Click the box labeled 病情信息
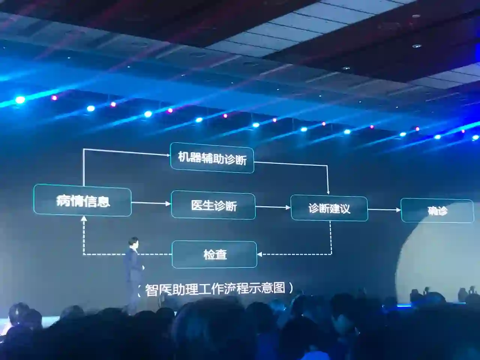pyautogui.click(x=82, y=202)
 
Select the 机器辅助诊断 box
pyautogui.click(x=212, y=158)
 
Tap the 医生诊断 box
pyautogui.click(x=213, y=205)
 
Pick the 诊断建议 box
pyautogui.click(x=329, y=208)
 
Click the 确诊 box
pyautogui.click(x=437, y=211)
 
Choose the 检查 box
pyautogui.click(x=214, y=255)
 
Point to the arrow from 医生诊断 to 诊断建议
pyautogui.click(x=273, y=207)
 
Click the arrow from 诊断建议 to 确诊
pyautogui.click(x=384, y=210)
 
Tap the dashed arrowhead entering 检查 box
pyautogui.click(x=259, y=254)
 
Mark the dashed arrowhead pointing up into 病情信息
pyautogui.click(x=84, y=219)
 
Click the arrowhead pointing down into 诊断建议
pyautogui.click(x=328, y=192)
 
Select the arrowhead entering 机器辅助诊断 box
pyautogui.click(x=168, y=155)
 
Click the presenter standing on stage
pyautogui.click(x=132, y=274)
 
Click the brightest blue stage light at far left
pyautogui.click(x=20, y=100)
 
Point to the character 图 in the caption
pyautogui.click(x=279, y=288)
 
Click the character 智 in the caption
pyautogui.click(x=151, y=290)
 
